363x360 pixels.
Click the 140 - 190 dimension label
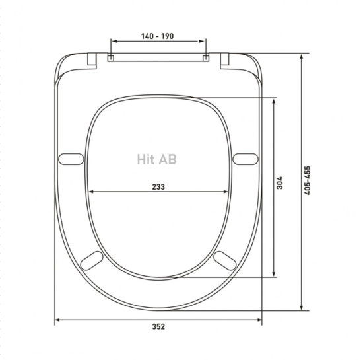158,36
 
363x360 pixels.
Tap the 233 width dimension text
158,186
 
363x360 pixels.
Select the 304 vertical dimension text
280,183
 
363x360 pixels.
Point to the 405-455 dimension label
307,180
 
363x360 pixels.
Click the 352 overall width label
158,326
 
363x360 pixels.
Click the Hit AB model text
156,159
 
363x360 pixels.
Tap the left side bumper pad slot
71,159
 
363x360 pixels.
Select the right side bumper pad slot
246,159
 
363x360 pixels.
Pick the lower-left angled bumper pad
92,260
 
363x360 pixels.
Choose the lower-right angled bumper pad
225,260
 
